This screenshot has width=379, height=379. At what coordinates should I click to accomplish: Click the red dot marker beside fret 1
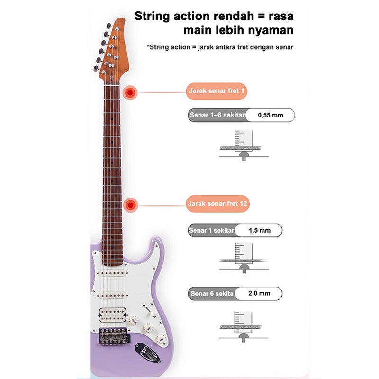click(x=129, y=92)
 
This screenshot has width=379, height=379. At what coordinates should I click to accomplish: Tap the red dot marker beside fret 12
click(x=129, y=205)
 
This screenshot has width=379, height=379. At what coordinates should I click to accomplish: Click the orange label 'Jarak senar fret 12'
click(x=217, y=204)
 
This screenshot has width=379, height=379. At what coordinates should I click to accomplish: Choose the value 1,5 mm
click(x=259, y=230)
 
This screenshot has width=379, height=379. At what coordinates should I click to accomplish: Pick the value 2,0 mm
click(x=259, y=293)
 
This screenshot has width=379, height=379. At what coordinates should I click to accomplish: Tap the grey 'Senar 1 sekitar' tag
click(x=212, y=230)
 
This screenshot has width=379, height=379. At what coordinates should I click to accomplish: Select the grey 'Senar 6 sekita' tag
click(x=212, y=293)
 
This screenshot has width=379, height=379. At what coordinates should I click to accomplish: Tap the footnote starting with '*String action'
click(x=220, y=47)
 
